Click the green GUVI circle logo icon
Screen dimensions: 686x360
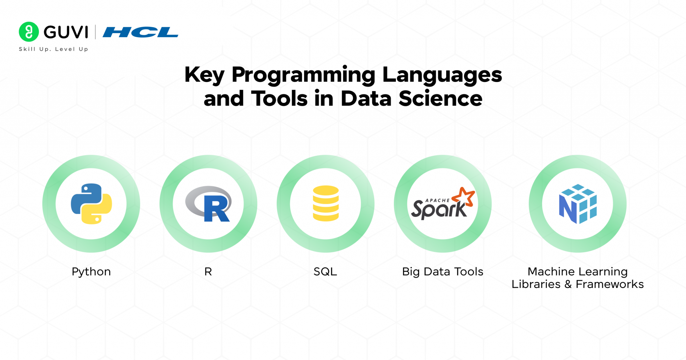point(29,32)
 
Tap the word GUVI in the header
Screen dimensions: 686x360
point(66,32)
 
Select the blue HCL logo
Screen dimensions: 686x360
point(140,32)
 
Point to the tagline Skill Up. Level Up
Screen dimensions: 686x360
point(54,49)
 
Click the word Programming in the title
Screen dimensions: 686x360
point(303,75)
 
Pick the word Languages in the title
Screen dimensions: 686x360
point(442,75)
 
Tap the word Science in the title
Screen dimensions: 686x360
point(440,98)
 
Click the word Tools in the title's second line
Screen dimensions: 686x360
point(279,98)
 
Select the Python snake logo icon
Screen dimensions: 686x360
point(91,204)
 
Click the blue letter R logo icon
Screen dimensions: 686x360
point(209,204)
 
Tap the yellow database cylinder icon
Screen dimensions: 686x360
point(326,203)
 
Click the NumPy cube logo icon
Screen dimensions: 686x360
point(578,204)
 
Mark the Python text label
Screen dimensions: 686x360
point(91,272)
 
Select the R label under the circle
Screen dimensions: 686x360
point(208,271)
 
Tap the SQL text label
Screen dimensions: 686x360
point(325,272)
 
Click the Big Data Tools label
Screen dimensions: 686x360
point(443,272)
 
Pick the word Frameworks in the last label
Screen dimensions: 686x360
point(610,284)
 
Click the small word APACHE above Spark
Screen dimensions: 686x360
point(437,200)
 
